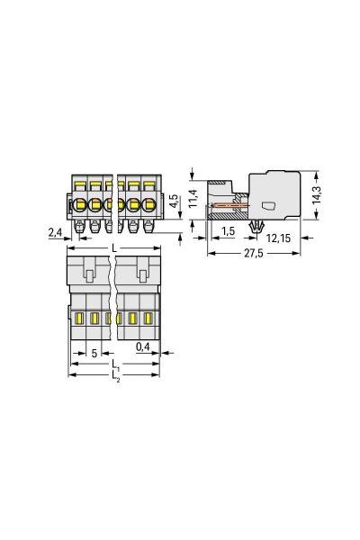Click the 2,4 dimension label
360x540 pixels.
55,233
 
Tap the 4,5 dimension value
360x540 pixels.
174,201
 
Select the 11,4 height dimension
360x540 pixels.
193,198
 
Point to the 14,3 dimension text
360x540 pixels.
316,195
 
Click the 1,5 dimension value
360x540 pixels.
228,231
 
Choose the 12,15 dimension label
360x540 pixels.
278,238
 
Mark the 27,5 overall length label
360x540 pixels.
254,254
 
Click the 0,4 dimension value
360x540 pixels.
142,346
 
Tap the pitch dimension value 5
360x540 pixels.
94,354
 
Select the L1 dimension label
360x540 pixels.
115,365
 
